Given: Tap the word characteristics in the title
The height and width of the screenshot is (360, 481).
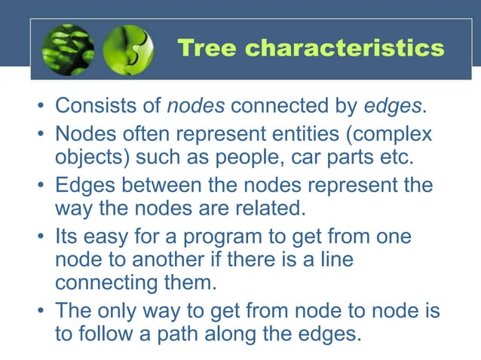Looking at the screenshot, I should point(345,48).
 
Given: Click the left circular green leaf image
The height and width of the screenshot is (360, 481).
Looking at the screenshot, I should point(68,49).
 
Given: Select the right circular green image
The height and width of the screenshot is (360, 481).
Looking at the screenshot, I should point(127,49).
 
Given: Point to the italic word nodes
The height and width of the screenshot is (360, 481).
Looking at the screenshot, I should point(195,106).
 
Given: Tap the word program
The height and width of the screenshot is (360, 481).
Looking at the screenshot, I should point(247,236).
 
